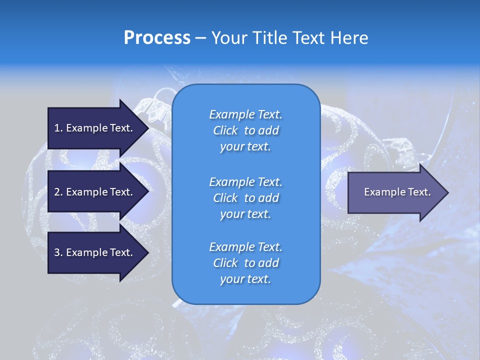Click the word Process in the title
157,38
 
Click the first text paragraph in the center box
245,130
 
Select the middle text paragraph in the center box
245,198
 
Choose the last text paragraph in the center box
245,263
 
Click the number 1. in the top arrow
58,128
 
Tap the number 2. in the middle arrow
58,192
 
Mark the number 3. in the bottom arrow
58,252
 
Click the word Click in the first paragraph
225,130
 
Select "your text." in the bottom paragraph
245,279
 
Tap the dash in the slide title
201,38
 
